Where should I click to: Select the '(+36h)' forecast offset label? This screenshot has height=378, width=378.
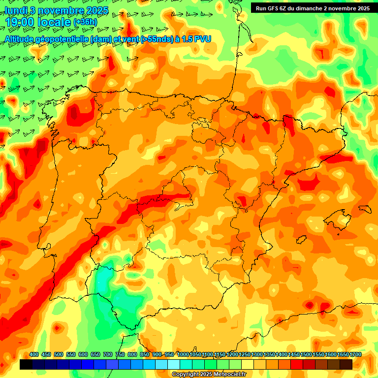point(85,22)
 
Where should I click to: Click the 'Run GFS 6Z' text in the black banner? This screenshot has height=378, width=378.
point(273,8)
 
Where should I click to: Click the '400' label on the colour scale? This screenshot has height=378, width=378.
point(34,355)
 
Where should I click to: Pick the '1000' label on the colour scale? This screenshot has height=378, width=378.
point(183,355)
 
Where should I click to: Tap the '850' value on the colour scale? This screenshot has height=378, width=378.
point(145,355)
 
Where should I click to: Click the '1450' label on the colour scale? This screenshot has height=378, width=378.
point(294,355)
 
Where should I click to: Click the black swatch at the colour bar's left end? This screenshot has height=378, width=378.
point(26,364)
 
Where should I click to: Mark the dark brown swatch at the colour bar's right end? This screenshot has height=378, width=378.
point(346,364)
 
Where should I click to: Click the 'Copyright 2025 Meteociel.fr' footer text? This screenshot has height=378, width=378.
point(209,375)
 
